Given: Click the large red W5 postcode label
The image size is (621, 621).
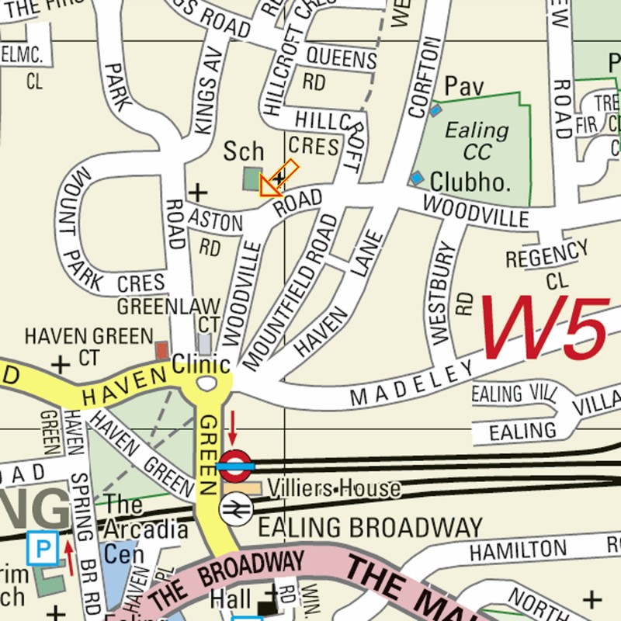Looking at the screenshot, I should tap(543, 329).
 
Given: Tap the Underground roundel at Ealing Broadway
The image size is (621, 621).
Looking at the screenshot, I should tap(236, 466).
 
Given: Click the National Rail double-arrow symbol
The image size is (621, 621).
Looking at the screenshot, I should tap(235, 510).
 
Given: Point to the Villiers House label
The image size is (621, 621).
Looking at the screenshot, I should tap(335, 488).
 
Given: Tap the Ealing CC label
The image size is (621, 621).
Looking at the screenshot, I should tap(477, 140).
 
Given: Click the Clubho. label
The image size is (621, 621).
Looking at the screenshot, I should tap(471, 182).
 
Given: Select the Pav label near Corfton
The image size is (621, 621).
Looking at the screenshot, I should tap(464, 87).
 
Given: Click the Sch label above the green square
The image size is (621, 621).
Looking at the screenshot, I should tap(244, 151).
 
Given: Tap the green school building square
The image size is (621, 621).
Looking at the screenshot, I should tap(252, 179).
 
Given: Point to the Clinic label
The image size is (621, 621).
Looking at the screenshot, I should tap(201, 364).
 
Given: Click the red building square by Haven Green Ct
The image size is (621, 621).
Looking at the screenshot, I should tap(162, 350).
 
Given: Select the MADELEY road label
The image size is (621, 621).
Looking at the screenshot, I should tap(411, 384).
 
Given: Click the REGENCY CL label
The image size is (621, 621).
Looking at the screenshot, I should tap(547, 264).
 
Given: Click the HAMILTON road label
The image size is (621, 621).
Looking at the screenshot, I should tap(518, 550).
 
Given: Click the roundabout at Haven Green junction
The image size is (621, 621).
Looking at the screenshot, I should tap(206, 383).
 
